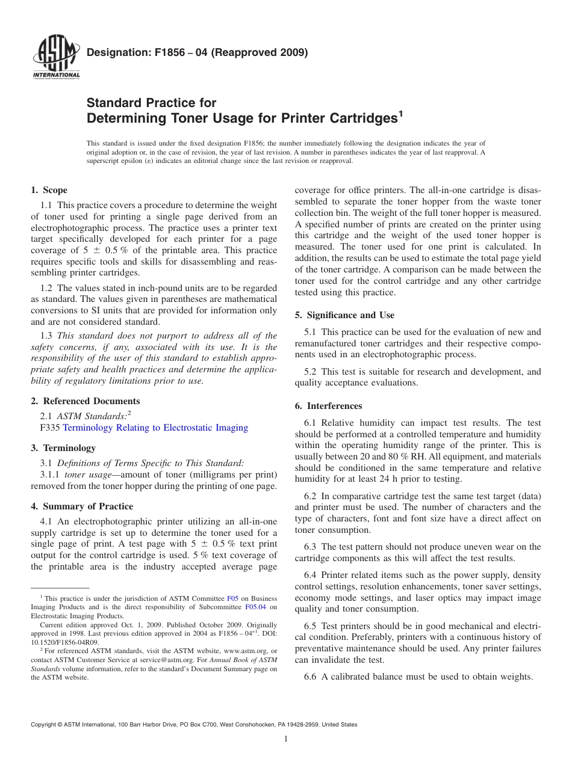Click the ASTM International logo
tap(56, 58)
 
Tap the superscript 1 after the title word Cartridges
tap(400, 112)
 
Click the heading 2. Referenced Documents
tap(85, 401)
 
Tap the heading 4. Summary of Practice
tap(82, 506)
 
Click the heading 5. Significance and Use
tap(344, 315)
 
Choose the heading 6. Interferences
tap(328, 406)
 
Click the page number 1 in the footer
tap(286, 739)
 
